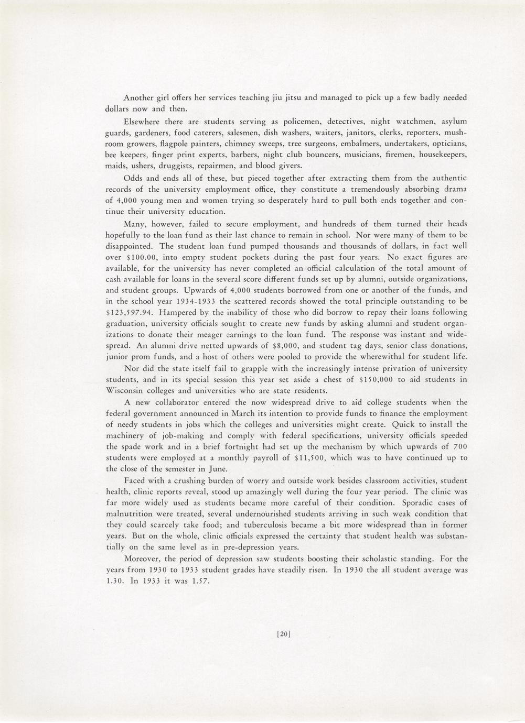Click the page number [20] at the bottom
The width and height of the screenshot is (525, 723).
point(283,634)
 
